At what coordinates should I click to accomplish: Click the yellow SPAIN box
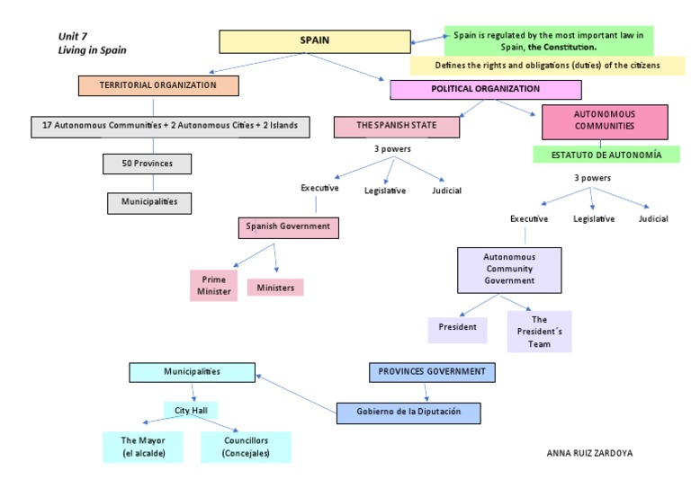point(315,41)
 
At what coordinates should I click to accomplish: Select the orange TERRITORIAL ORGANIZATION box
point(158,85)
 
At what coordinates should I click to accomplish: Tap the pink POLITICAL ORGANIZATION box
point(485,90)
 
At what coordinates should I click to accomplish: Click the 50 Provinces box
point(148,164)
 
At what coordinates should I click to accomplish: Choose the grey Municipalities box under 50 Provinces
point(149,202)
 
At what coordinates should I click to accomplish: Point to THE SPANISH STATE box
point(396,126)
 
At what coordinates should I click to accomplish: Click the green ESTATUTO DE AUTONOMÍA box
point(608,155)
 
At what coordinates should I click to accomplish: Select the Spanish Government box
point(289,227)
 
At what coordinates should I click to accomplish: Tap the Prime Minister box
point(214,286)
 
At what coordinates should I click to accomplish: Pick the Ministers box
point(275,288)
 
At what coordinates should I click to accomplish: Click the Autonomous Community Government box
point(509,270)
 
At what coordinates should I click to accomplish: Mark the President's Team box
point(539,332)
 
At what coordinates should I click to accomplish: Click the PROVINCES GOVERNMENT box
point(431,371)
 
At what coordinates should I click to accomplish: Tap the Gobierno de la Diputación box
point(408,412)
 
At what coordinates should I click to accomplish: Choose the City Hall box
point(191,411)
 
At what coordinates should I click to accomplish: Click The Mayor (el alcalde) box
point(144,447)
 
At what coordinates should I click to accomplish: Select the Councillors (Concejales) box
point(246,447)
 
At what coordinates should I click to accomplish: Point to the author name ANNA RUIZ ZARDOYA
point(589,454)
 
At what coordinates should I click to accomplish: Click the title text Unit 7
point(72,37)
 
